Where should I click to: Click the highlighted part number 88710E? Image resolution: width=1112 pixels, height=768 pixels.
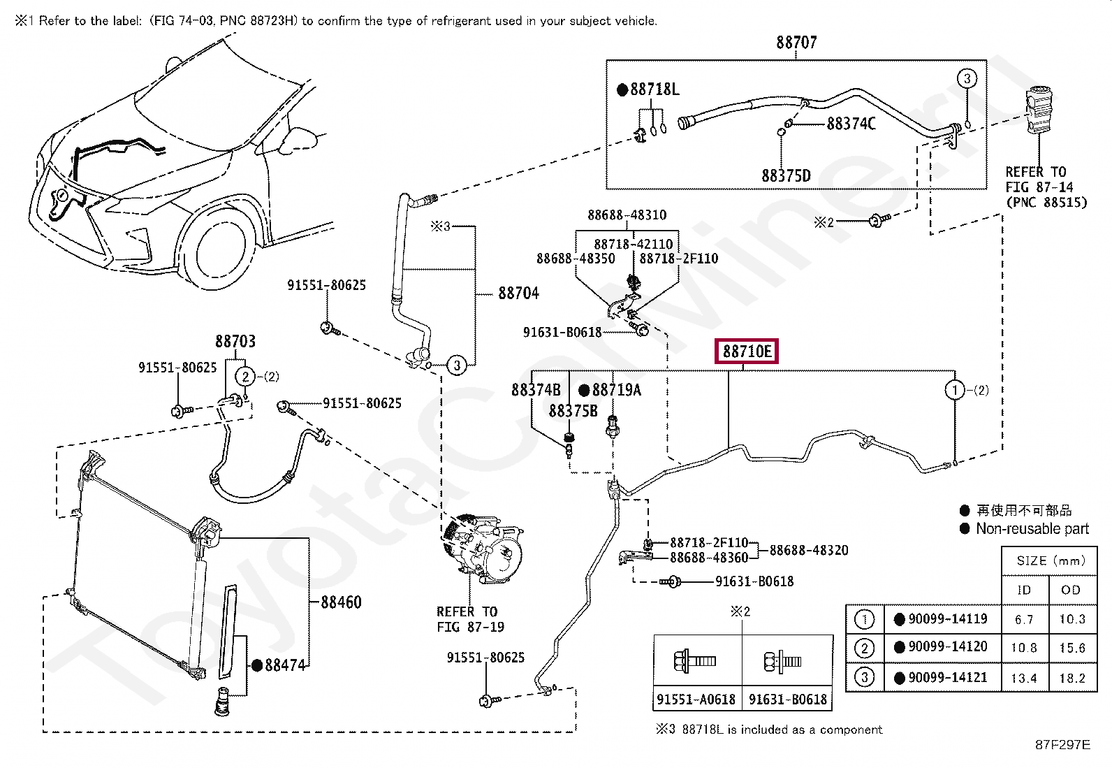coord(747,352)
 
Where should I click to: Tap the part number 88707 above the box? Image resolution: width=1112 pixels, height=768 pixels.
coord(796,43)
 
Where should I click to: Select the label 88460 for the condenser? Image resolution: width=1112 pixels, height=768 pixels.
coord(341,602)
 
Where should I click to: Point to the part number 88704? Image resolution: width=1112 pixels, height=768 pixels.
coord(518,294)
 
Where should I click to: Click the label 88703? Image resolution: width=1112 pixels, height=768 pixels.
coord(235,342)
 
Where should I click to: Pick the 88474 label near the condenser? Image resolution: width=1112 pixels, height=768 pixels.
coord(285,665)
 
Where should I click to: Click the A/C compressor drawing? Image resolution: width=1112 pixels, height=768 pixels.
coord(483,549)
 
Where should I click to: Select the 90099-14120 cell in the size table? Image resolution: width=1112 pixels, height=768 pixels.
coord(947,647)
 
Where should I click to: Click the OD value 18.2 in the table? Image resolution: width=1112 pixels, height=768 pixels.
coord(1071,678)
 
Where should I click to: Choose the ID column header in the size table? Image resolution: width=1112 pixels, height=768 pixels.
coord(1024,591)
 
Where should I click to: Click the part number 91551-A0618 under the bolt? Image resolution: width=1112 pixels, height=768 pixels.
coord(696,700)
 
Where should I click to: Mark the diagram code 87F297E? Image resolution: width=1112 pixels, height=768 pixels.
coord(1062,745)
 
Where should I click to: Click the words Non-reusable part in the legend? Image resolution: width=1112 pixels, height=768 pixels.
coord(1032,529)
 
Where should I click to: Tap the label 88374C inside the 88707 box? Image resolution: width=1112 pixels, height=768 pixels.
coord(851,124)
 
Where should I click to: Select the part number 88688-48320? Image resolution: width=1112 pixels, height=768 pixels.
coord(809,551)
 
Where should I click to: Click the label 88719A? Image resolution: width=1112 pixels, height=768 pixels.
coord(616,390)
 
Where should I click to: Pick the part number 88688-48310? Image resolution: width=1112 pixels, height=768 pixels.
coord(627,215)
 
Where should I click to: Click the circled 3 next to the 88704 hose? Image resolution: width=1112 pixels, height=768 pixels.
coord(457,365)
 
